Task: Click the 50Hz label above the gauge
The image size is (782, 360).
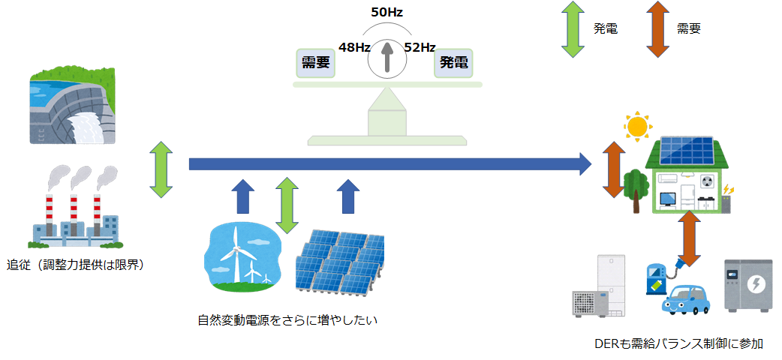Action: [x=386, y=13]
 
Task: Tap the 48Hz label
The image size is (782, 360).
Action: [x=354, y=47]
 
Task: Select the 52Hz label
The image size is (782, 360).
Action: [x=420, y=47]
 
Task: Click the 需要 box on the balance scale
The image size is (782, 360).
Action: [x=316, y=63]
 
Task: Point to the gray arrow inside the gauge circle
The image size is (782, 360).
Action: [x=386, y=58]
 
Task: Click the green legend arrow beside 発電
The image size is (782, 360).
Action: [x=573, y=29]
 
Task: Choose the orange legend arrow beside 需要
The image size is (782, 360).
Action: [x=658, y=29]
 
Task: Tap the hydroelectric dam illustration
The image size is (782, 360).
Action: [x=73, y=106]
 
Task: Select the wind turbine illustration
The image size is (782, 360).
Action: [x=243, y=256]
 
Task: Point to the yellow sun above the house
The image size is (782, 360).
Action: [x=638, y=126]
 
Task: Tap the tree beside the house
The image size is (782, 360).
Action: [x=636, y=190]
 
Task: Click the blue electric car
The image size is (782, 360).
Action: [x=686, y=299]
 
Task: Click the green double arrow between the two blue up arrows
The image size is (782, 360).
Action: [x=287, y=205]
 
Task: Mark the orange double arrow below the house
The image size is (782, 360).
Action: [x=690, y=238]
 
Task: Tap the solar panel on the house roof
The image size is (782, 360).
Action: [x=687, y=151]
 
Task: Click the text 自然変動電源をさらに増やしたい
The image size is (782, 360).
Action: [x=287, y=319]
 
